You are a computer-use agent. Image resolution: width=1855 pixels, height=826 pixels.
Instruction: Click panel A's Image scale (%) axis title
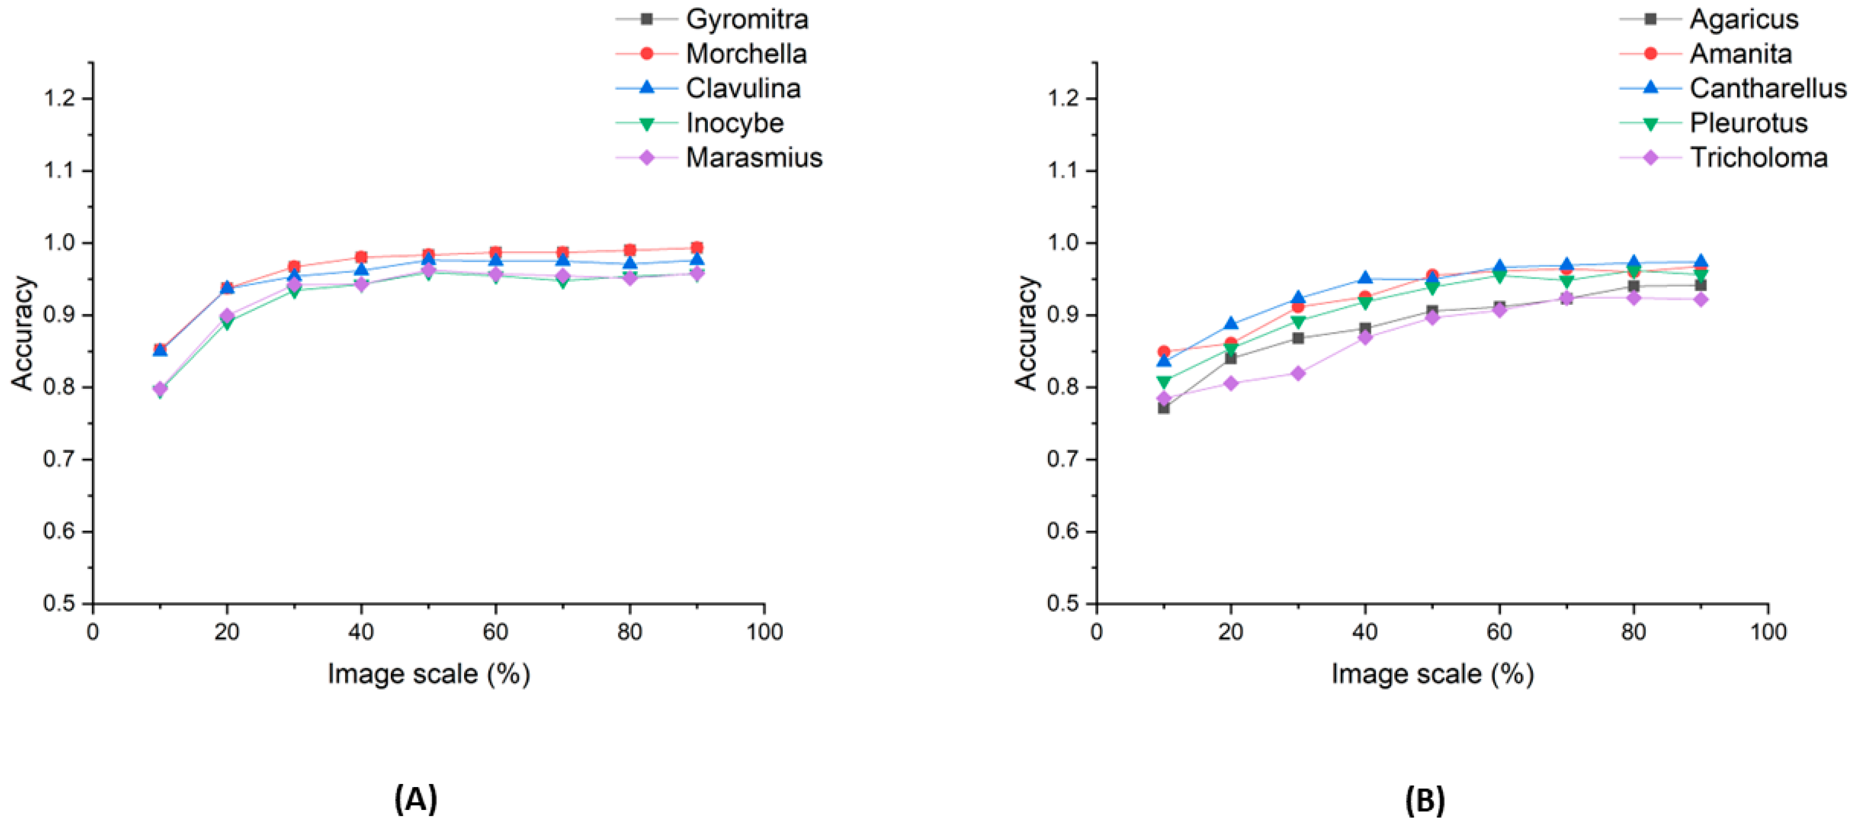point(429,674)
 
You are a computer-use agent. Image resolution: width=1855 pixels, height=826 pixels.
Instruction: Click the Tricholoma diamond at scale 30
point(1298,373)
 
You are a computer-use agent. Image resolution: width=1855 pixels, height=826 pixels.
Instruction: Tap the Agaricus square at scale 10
point(1164,408)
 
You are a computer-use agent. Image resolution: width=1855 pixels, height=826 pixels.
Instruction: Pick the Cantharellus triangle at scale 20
point(1231,324)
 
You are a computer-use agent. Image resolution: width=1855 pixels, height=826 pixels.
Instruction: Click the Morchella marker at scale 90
point(697,248)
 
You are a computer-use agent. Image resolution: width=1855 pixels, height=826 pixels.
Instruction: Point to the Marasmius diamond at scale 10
point(160,388)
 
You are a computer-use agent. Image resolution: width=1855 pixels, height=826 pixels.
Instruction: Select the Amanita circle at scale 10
point(1164,351)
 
